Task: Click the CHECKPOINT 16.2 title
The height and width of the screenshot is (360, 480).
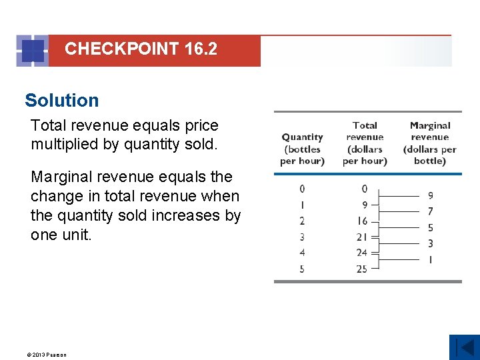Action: (x=141, y=49)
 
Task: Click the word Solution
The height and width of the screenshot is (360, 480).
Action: (x=61, y=101)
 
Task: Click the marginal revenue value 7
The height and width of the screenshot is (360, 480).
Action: (x=430, y=211)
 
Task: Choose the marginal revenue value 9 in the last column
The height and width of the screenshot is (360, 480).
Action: (x=430, y=195)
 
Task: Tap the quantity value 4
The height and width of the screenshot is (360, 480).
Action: (x=302, y=253)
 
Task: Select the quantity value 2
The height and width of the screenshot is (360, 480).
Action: (x=302, y=221)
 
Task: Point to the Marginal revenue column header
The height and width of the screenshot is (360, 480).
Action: (x=430, y=143)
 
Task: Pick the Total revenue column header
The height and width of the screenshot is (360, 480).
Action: (x=365, y=143)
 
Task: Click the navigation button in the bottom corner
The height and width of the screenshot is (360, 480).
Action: (x=464, y=347)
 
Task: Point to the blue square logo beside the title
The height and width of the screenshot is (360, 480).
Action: (x=32, y=51)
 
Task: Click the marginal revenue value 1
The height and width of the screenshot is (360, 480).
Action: (x=430, y=259)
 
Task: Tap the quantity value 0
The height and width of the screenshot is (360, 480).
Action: (x=302, y=189)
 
